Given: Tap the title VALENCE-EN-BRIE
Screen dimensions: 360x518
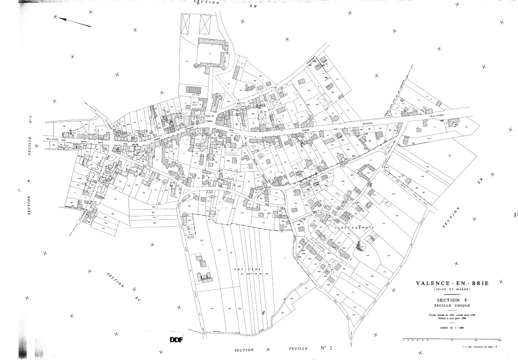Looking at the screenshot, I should pos(452,284).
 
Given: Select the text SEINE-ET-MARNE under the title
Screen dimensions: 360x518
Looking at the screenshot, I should pos(452,290).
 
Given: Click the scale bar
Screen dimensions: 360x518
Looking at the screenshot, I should pos(452,338).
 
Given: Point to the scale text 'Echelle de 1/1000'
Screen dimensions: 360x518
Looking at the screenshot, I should pos(452,327).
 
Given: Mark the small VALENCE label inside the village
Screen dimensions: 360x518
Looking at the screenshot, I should pos(232,155).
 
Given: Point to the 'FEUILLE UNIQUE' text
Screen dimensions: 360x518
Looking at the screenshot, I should pos(452,306).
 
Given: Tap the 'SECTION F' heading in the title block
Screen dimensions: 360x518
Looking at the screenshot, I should pos(452,300).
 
